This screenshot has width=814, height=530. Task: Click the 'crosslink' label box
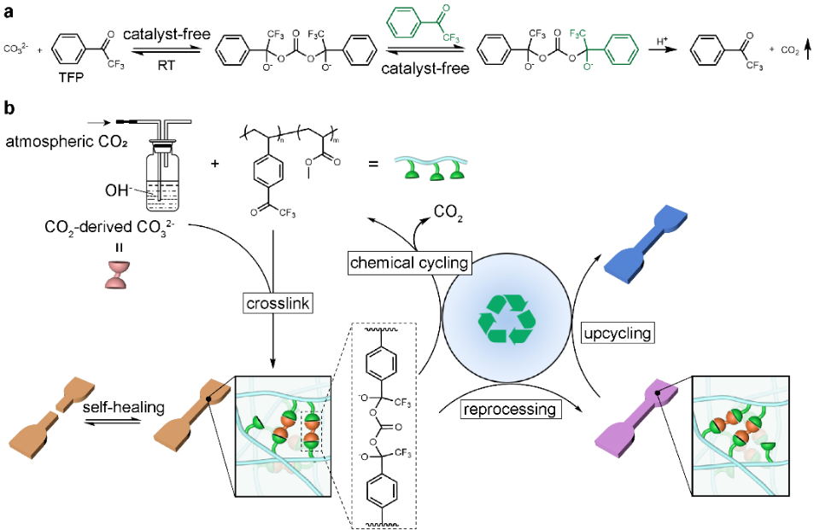(278, 303)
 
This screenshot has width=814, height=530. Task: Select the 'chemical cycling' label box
(409, 263)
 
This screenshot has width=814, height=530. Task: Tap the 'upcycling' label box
(618, 333)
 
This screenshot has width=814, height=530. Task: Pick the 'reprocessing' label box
(510, 409)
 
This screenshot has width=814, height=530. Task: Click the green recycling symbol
(507, 319)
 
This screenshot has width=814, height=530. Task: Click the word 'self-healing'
(124, 407)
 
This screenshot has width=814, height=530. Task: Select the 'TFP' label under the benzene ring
(71, 78)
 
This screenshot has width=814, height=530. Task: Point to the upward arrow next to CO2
(807, 50)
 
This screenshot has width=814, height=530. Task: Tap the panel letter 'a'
(9, 11)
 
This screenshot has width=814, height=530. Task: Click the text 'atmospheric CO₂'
(67, 141)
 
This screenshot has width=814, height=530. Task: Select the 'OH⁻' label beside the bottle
(117, 190)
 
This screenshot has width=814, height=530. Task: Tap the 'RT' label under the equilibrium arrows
(166, 66)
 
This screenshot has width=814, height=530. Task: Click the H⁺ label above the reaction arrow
(662, 40)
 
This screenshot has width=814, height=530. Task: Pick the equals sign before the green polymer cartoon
(373, 164)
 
